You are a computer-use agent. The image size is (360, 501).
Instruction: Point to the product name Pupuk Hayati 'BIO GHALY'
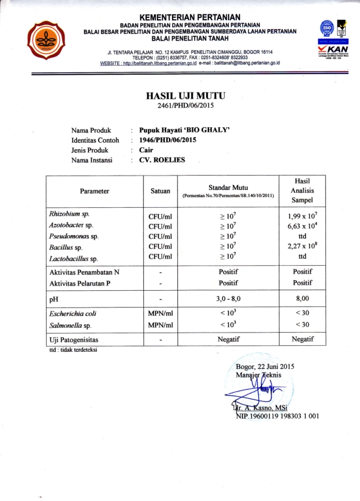[181, 129]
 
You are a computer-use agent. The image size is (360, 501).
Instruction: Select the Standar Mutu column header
[227, 188]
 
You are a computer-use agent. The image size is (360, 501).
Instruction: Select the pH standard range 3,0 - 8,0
[227, 296]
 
